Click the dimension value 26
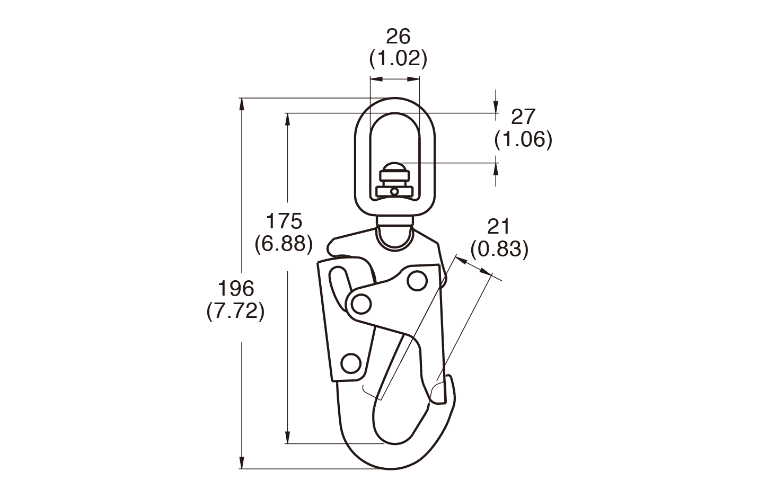pyautogui.click(x=398, y=37)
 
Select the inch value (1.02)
pyautogui.click(x=398, y=58)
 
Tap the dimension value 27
pyautogui.click(x=523, y=117)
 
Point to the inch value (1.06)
pyautogui.click(x=523, y=139)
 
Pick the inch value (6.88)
pyautogui.click(x=284, y=243)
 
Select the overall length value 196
pyautogui.click(x=236, y=289)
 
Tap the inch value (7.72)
pyautogui.click(x=235, y=312)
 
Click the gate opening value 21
pyautogui.click(x=498, y=227)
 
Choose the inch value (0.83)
pyautogui.click(x=499, y=249)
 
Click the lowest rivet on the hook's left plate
pyautogui.click(x=349, y=363)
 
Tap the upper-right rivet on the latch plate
pyautogui.click(x=417, y=281)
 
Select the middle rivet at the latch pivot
pyautogui.click(x=360, y=304)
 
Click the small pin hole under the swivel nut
pyautogui.click(x=394, y=191)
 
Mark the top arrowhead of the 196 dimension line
pyautogui.click(x=242, y=103)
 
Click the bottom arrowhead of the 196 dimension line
pyautogui.click(x=242, y=464)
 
